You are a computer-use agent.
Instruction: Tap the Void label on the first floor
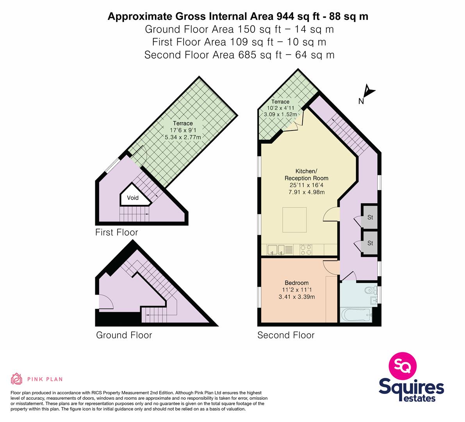coord(133,198)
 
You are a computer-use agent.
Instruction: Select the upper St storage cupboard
coord(369,217)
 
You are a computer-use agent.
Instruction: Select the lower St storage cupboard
coord(369,243)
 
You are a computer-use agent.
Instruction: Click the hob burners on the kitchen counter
coord(306,250)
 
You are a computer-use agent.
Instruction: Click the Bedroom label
coord(297,283)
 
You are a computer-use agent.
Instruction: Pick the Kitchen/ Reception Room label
coord(306,175)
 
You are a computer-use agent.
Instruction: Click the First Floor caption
coord(117,232)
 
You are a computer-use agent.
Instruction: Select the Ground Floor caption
coord(124,335)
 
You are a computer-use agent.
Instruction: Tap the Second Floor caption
coord(286,335)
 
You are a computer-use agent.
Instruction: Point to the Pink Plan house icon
coord(17,379)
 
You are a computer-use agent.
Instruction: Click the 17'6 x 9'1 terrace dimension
coord(183,130)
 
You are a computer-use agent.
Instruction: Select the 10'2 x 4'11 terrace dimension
coord(281,108)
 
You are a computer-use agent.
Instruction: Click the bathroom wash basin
coord(374,301)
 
